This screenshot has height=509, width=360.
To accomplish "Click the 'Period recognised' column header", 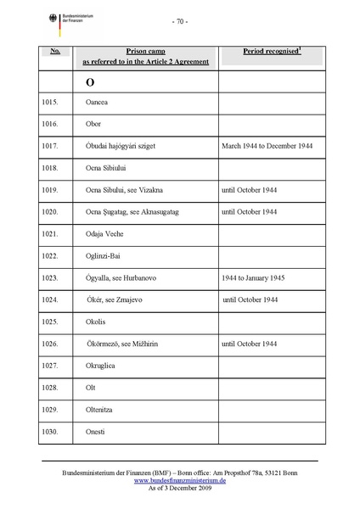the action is click(x=272, y=52).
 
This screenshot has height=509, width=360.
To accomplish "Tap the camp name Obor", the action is click(x=93, y=124).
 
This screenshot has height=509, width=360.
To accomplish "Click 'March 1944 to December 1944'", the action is click(x=267, y=146).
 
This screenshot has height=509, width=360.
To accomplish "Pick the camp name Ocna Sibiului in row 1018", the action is click(x=106, y=168).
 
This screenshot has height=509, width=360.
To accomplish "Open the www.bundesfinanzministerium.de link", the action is click(x=179, y=480).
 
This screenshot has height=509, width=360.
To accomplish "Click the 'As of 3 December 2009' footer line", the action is click(x=179, y=489).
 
